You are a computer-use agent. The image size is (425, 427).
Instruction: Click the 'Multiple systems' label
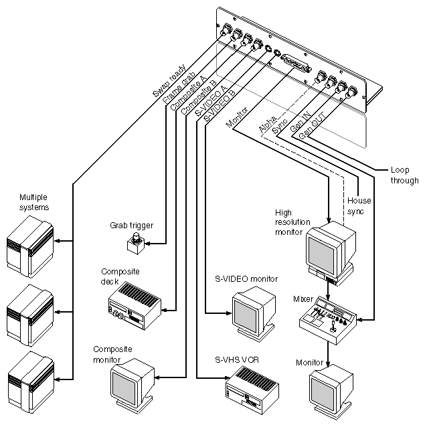coord(33,202)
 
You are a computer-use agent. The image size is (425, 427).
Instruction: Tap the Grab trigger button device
coord(138,244)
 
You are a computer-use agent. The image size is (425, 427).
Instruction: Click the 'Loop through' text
coord(404,175)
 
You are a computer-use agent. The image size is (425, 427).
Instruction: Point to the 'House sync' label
coord(359,206)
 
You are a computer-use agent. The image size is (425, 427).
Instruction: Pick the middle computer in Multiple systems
coord(30,311)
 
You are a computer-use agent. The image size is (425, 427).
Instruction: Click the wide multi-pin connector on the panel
coord(296,64)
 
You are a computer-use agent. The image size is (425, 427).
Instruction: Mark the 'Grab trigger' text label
coord(132,226)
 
